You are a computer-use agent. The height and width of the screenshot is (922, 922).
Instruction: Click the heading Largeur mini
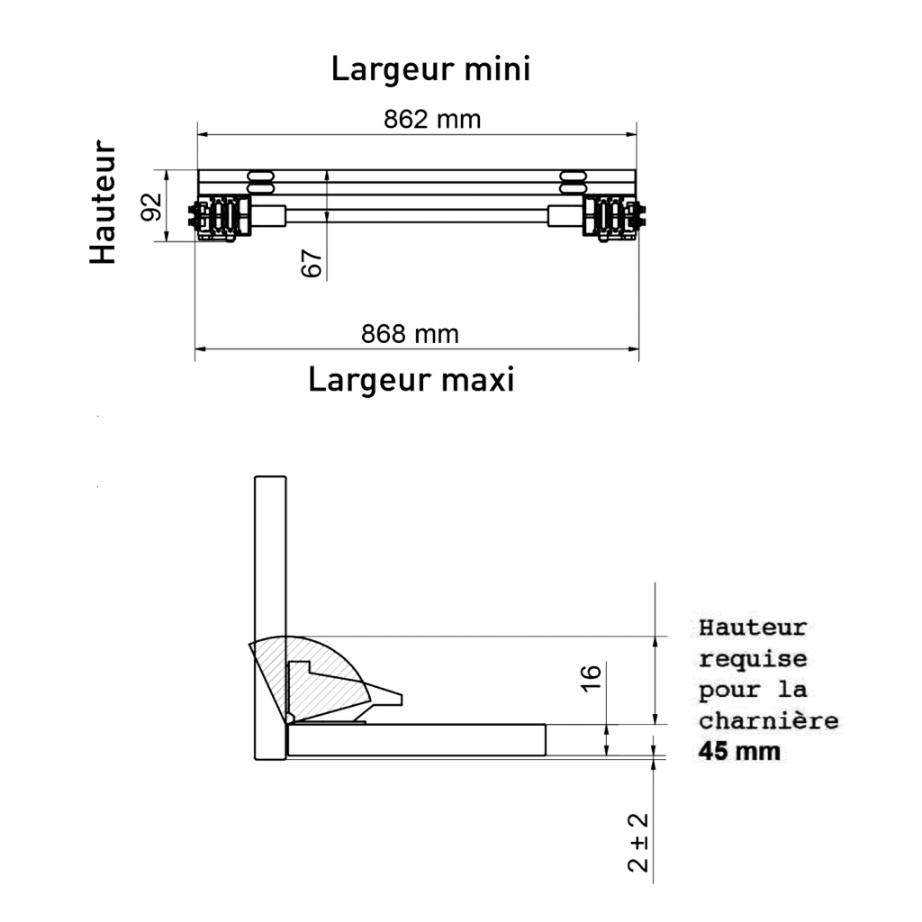point(431,68)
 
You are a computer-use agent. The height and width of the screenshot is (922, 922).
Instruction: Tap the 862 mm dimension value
point(432,120)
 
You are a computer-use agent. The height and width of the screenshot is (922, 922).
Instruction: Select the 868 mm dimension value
point(410,334)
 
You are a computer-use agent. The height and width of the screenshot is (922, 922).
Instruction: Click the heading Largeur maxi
point(411,379)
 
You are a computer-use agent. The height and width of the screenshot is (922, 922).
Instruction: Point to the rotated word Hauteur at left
point(104,202)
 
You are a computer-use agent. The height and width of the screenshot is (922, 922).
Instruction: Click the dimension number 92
point(151,206)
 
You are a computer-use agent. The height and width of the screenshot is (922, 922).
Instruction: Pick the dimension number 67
point(312,263)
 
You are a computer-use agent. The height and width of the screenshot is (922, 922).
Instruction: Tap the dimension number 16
point(591,678)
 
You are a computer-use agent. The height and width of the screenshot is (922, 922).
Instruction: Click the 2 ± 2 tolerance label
point(638,842)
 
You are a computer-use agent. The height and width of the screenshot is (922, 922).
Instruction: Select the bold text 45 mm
point(739,752)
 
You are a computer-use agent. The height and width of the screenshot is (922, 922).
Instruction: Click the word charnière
point(769,721)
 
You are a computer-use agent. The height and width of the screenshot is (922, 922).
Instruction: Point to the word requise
point(753,660)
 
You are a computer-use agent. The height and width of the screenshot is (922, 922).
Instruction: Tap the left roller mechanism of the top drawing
point(220,218)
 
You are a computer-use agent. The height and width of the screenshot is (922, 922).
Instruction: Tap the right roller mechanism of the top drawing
point(614,218)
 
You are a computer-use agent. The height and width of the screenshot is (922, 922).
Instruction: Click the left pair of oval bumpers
point(261,182)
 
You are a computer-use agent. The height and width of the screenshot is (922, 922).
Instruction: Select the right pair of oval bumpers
point(574,182)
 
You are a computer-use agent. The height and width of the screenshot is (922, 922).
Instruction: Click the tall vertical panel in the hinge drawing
point(270,618)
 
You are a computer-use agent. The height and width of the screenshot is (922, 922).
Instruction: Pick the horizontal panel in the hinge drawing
point(417,740)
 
